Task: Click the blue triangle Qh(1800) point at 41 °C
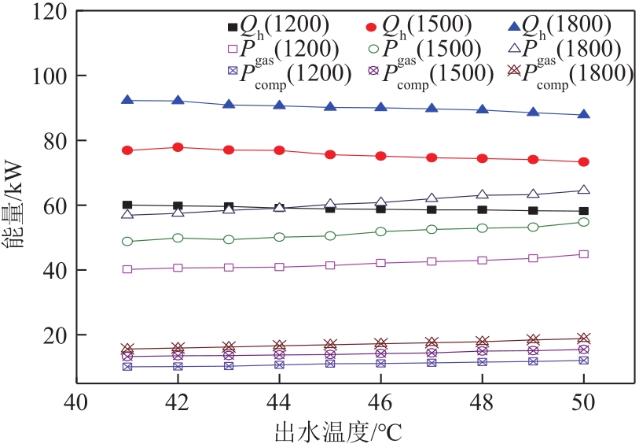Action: point(127,100)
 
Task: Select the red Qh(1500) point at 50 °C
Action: point(584,161)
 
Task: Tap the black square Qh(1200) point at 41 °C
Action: point(127,205)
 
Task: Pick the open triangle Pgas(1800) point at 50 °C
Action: point(584,190)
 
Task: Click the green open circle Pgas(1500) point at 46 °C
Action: point(381,231)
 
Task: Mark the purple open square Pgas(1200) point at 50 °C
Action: point(584,254)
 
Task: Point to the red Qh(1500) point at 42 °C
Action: point(178,147)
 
